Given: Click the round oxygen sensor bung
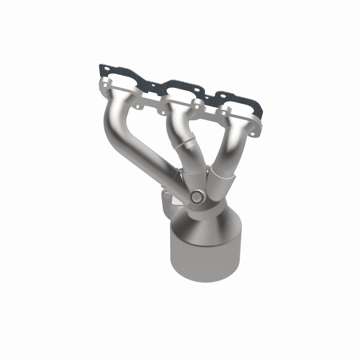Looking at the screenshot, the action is coord(196,197).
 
